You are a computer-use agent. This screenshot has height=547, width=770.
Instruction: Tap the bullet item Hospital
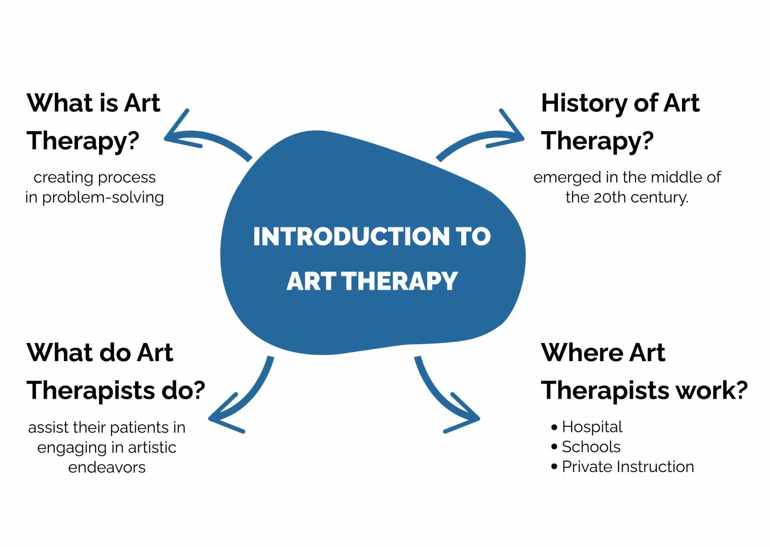pos(592,427)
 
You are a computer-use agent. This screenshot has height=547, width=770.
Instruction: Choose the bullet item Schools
pos(591,447)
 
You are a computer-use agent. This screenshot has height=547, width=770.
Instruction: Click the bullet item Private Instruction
pos(628,467)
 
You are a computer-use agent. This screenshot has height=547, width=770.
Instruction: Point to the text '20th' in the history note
pos(608,197)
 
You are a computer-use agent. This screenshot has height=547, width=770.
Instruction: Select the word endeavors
pos(107,468)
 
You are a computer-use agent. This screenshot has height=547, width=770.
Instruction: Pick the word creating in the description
pos(63,178)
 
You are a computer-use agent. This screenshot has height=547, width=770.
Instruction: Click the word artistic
pos(152,448)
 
